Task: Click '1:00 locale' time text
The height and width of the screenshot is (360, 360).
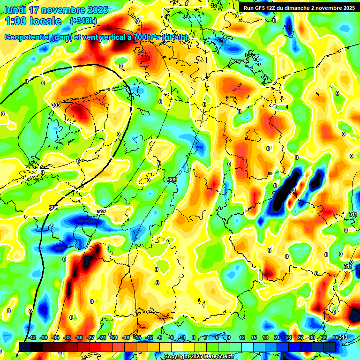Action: click(x=32, y=21)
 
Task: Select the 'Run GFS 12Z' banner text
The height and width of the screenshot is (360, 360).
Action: click(x=262, y=8)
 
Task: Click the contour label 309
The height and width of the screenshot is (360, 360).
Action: click(x=172, y=180)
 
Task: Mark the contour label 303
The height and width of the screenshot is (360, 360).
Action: click(x=56, y=105)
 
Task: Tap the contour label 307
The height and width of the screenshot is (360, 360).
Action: click(x=101, y=212)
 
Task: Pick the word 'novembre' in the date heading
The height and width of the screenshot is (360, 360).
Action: click(x=61, y=10)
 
